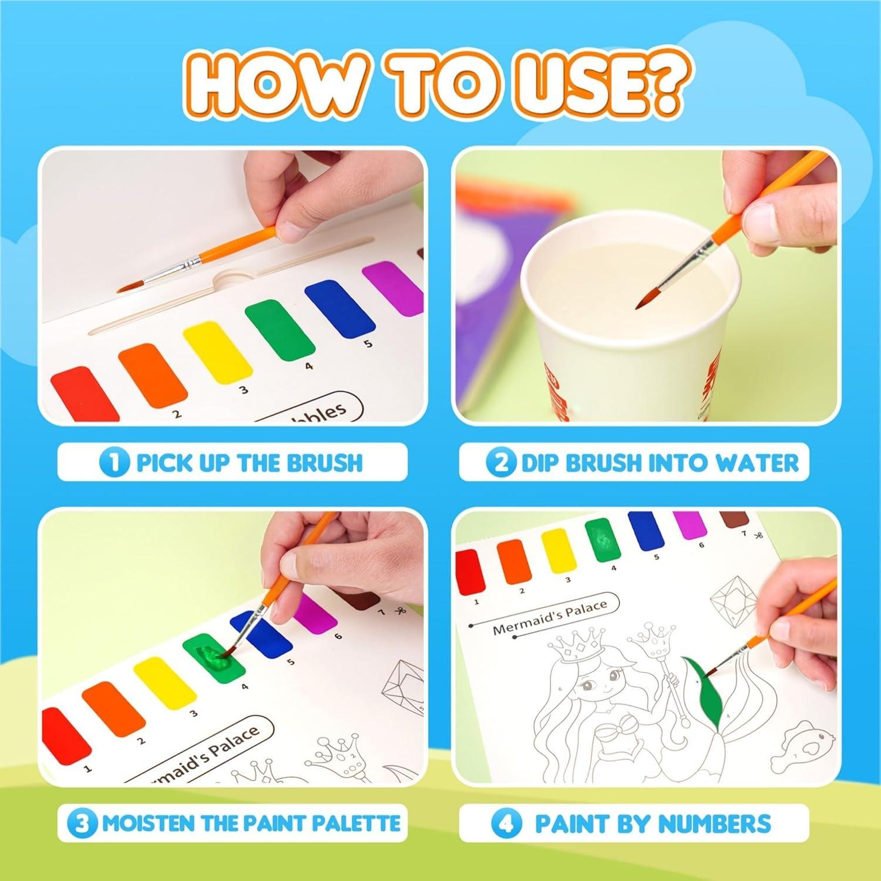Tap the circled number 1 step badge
(x=113, y=462)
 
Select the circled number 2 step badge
(x=501, y=462)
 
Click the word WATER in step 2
(x=758, y=463)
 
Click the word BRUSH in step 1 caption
(x=326, y=463)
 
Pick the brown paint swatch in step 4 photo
(x=734, y=519)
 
